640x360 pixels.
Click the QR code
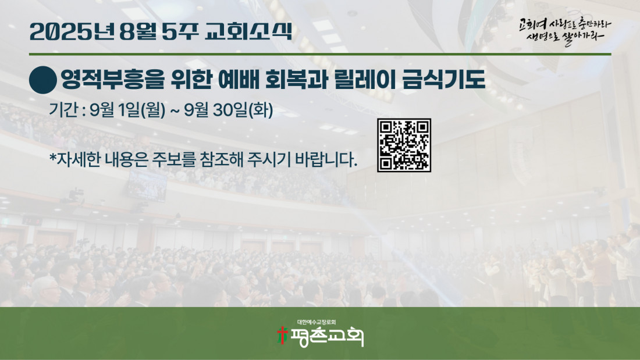404,145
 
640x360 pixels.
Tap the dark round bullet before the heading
43,80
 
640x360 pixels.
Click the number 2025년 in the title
72,31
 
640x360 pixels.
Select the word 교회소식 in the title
248,31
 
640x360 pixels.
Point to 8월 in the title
138,31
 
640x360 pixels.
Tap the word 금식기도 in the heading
444,79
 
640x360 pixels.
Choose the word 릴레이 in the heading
365,79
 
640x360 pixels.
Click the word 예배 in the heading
239,79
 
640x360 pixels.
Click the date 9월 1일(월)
128,110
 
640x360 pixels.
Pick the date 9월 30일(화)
229,110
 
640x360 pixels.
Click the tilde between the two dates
175,111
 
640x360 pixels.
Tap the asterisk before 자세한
52,156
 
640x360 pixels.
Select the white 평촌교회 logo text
327,337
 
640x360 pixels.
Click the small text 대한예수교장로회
317,322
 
